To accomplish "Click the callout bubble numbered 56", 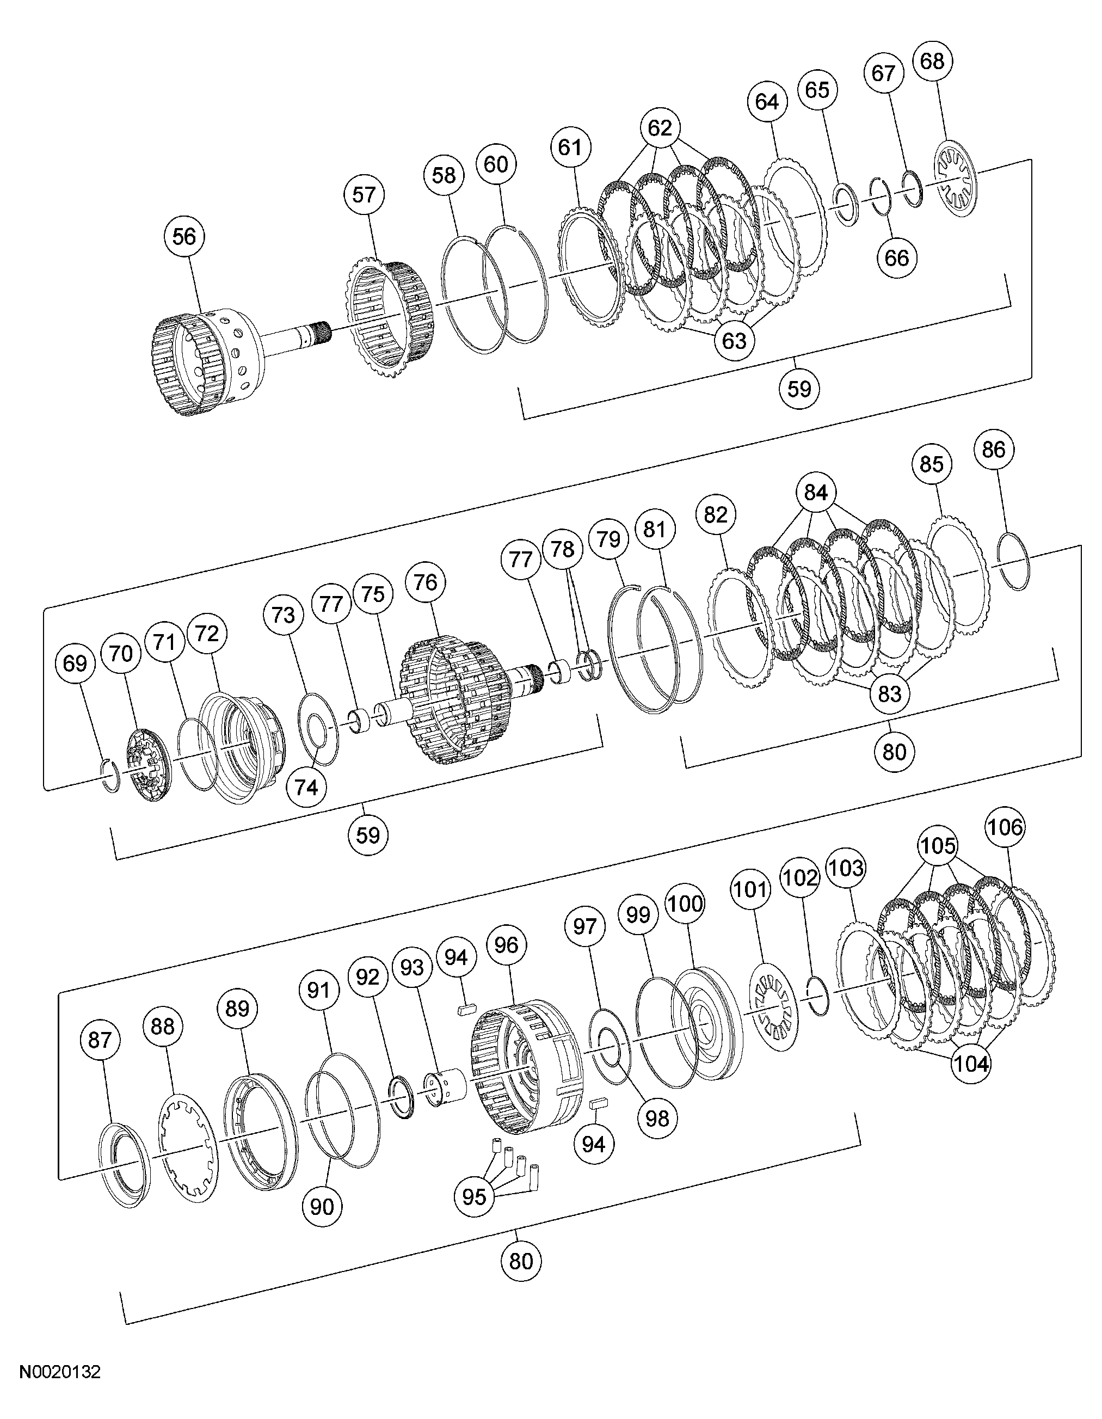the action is point(184,236).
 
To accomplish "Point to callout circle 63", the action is point(734,340).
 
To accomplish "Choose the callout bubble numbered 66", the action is point(897,258).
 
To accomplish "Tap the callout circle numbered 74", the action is point(307,787).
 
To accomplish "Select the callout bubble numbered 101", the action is point(751,889).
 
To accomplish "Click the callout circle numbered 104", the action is point(971,1064).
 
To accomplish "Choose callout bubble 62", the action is point(660,128).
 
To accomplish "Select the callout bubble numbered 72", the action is point(207,634).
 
